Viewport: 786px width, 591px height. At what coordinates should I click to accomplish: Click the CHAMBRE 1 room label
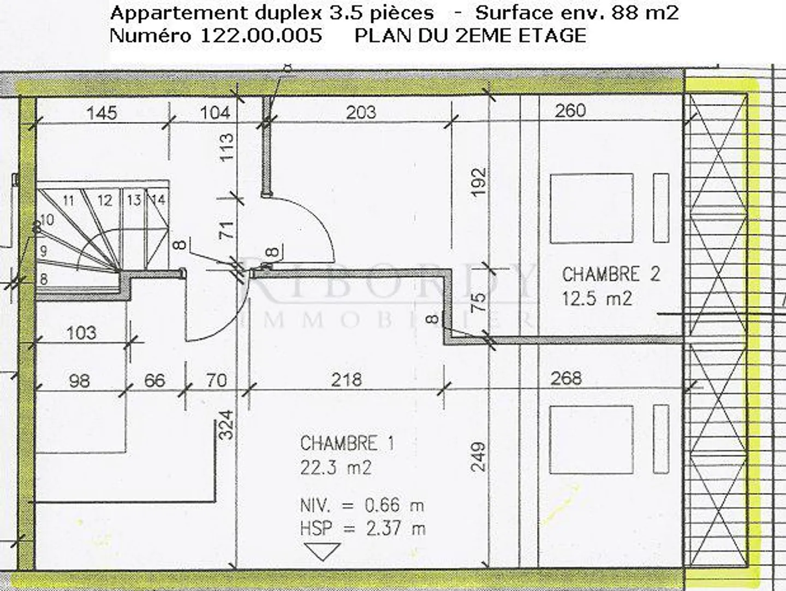tap(347, 443)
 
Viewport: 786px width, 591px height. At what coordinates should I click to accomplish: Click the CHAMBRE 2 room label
tap(611, 274)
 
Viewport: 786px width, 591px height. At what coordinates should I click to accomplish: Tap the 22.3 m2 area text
tap(336, 468)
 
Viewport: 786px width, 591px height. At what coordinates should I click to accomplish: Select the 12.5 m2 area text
tap(597, 298)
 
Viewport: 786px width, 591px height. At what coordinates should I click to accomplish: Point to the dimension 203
tap(361, 112)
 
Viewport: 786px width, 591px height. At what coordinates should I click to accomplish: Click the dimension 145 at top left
tap(102, 113)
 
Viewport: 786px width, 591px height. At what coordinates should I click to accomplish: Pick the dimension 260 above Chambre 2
tap(570, 111)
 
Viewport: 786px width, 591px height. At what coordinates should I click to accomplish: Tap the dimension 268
tap(566, 378)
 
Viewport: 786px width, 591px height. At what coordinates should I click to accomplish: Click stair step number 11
tap(68, 200)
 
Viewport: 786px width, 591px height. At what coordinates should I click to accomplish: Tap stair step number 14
tap(158, 200)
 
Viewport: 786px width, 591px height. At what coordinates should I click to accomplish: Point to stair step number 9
tap(44, 251)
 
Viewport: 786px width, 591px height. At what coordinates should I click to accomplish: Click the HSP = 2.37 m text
tap(362, 528)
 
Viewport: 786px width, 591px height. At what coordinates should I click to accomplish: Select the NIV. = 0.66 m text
tap(362, 505)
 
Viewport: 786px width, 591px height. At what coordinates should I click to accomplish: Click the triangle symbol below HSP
tap(322, 551)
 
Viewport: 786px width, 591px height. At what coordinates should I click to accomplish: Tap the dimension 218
tap(346, 379)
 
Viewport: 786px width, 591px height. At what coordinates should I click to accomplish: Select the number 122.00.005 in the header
tap(261, 36)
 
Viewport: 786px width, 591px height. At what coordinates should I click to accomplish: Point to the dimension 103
tap(81, 332)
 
